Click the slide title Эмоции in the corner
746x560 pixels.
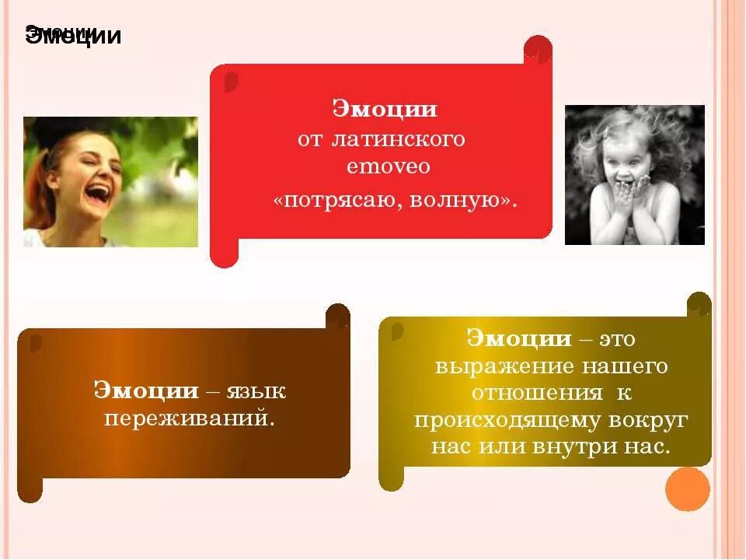[x=74, y=37]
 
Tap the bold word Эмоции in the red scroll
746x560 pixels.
[x=385, y=109]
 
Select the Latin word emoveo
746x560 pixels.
[x=388, y=166]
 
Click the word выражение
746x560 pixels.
[x=493, y=366]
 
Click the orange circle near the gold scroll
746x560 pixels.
[x=688, y=489]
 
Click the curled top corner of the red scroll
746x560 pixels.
[x=538, y=51]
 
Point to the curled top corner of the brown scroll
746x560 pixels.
[x=338, y=316]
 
